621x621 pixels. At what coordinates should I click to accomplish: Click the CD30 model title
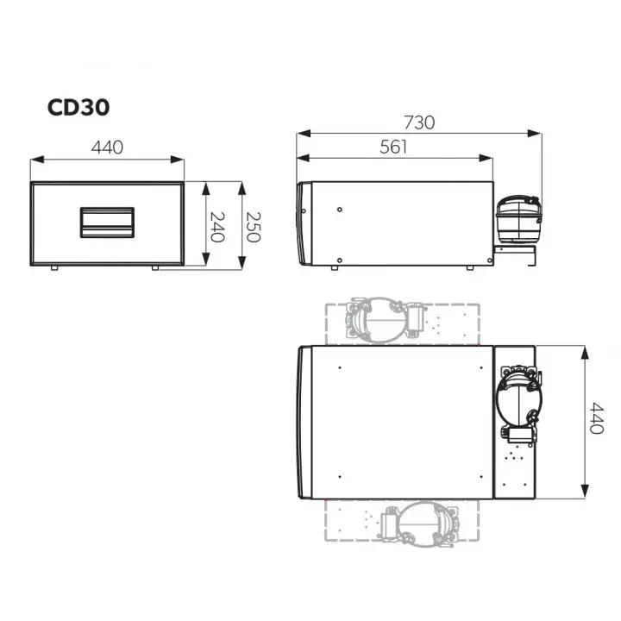coord(78,108)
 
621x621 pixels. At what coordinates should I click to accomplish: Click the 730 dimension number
coord(419,122)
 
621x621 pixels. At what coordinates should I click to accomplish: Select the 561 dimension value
coord(393,147)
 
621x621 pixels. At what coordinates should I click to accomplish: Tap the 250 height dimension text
coord(252,225)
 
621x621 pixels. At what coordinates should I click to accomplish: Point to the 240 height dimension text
coord(216,225)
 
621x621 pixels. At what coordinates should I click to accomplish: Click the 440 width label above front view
coord(107,147)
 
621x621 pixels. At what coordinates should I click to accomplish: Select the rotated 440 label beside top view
coord(595,420)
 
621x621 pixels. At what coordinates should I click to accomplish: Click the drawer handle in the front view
coord(107,223)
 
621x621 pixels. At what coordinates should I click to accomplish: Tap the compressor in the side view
coord(517,217)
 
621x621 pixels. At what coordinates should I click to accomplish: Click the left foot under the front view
coord(55,268)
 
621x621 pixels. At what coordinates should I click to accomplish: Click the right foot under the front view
coord(155,268)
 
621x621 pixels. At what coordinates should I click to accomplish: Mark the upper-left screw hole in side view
coord(342,210)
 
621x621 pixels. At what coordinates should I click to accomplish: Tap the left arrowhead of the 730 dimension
coord(300,134)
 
